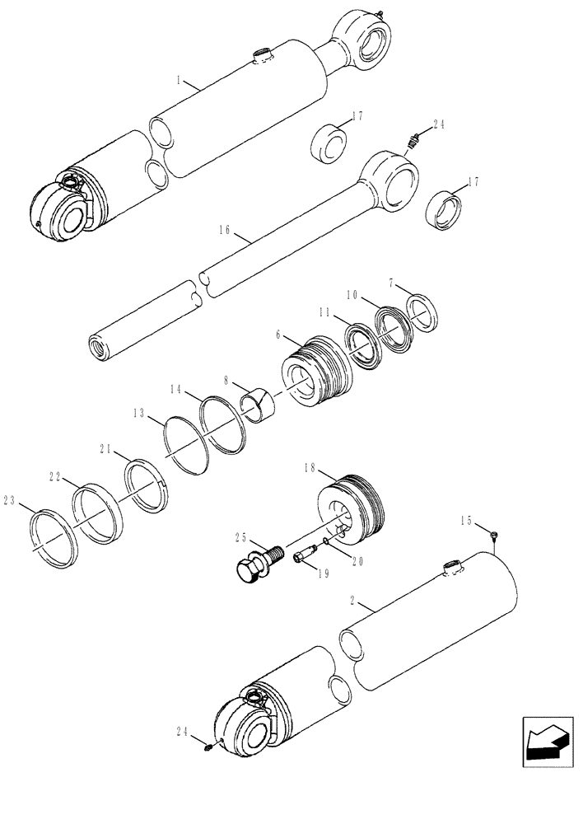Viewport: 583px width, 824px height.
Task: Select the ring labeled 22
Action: coord(98,517)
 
